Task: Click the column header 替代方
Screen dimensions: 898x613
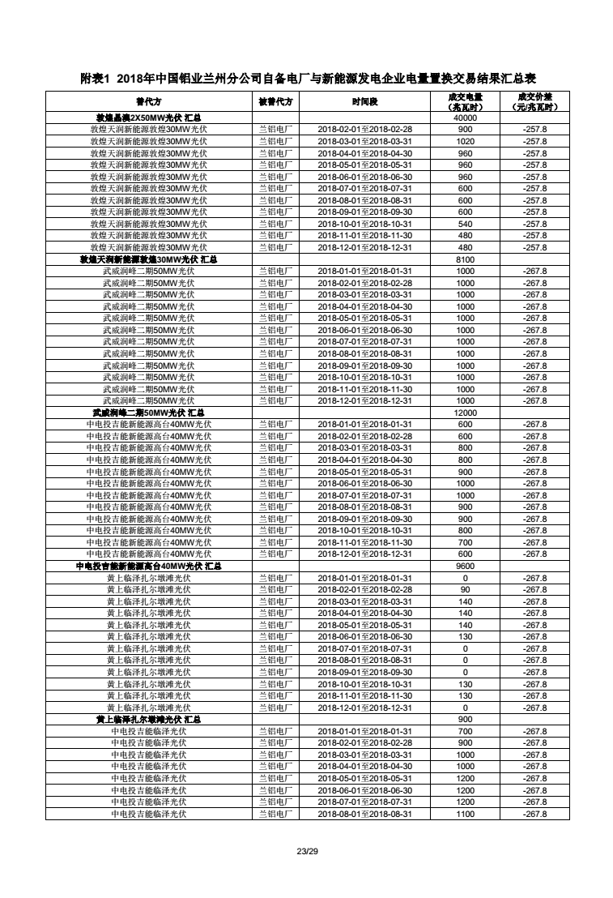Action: point(148,102)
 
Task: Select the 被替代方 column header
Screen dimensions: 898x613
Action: point(275,102)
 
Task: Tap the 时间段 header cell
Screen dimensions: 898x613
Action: point(364,102)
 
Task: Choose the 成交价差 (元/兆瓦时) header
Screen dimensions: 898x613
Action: point(534,102)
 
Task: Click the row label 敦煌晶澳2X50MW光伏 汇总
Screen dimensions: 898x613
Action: point(148,118)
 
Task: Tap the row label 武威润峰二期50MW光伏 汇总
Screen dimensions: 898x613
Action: point(148,413)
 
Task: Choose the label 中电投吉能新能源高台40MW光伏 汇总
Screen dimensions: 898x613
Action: point(148,566)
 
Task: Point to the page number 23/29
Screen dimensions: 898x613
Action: point(307,850)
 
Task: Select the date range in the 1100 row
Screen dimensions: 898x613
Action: point(364,814)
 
